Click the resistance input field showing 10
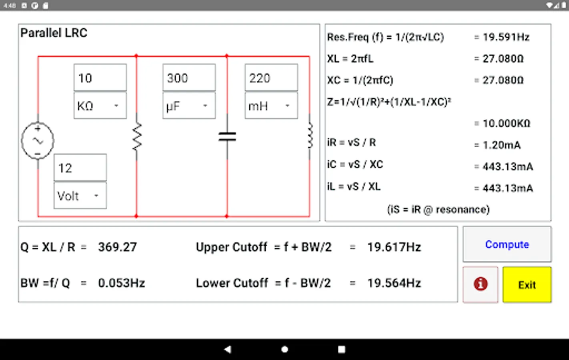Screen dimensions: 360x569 tap(100, 78)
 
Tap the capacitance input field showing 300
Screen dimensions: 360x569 tap(189, 78)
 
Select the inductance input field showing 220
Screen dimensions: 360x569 tap(271, 78)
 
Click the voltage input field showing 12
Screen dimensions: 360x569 tap(80, 168)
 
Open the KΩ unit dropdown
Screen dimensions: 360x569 tap(100, 106)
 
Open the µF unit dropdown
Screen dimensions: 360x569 tap(189, 106)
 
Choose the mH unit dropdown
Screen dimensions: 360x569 tap(271, 106)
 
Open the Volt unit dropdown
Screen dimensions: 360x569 tap(80, 196)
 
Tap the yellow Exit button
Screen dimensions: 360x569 tap(527, 284)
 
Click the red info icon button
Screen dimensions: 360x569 tap(480, 284)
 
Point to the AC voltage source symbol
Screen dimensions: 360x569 tap(38, 141)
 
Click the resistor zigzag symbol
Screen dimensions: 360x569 tap(137, 136)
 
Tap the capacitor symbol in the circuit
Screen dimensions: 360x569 tap(227, 137)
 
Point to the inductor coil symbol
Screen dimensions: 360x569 tap(310, 136)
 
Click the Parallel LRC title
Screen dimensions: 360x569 tap(54, 33)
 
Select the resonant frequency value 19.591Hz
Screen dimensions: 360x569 tap(506, 37)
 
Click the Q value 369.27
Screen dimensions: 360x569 tap(117, 247)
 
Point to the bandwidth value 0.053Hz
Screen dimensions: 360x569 tap(121, 283)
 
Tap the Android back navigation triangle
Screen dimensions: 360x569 tap(228, 349)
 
